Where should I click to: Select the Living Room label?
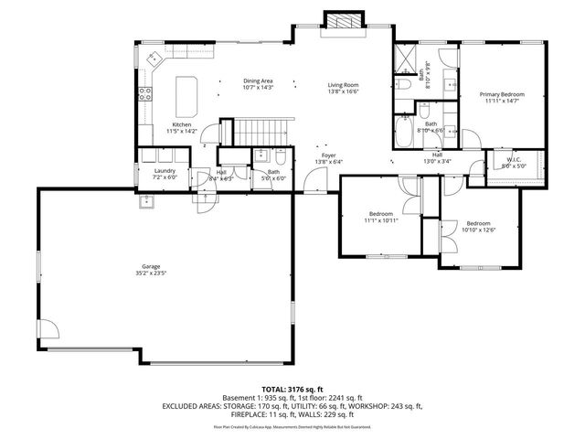tap(344, 86)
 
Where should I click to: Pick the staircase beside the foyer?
tap(259, 133)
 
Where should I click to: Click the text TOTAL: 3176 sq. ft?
tap(292, 389)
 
